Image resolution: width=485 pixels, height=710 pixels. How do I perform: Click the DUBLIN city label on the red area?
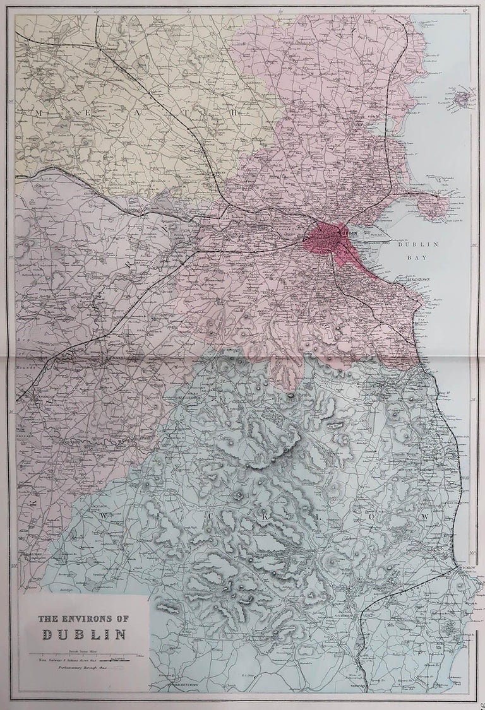click(349, 233)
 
